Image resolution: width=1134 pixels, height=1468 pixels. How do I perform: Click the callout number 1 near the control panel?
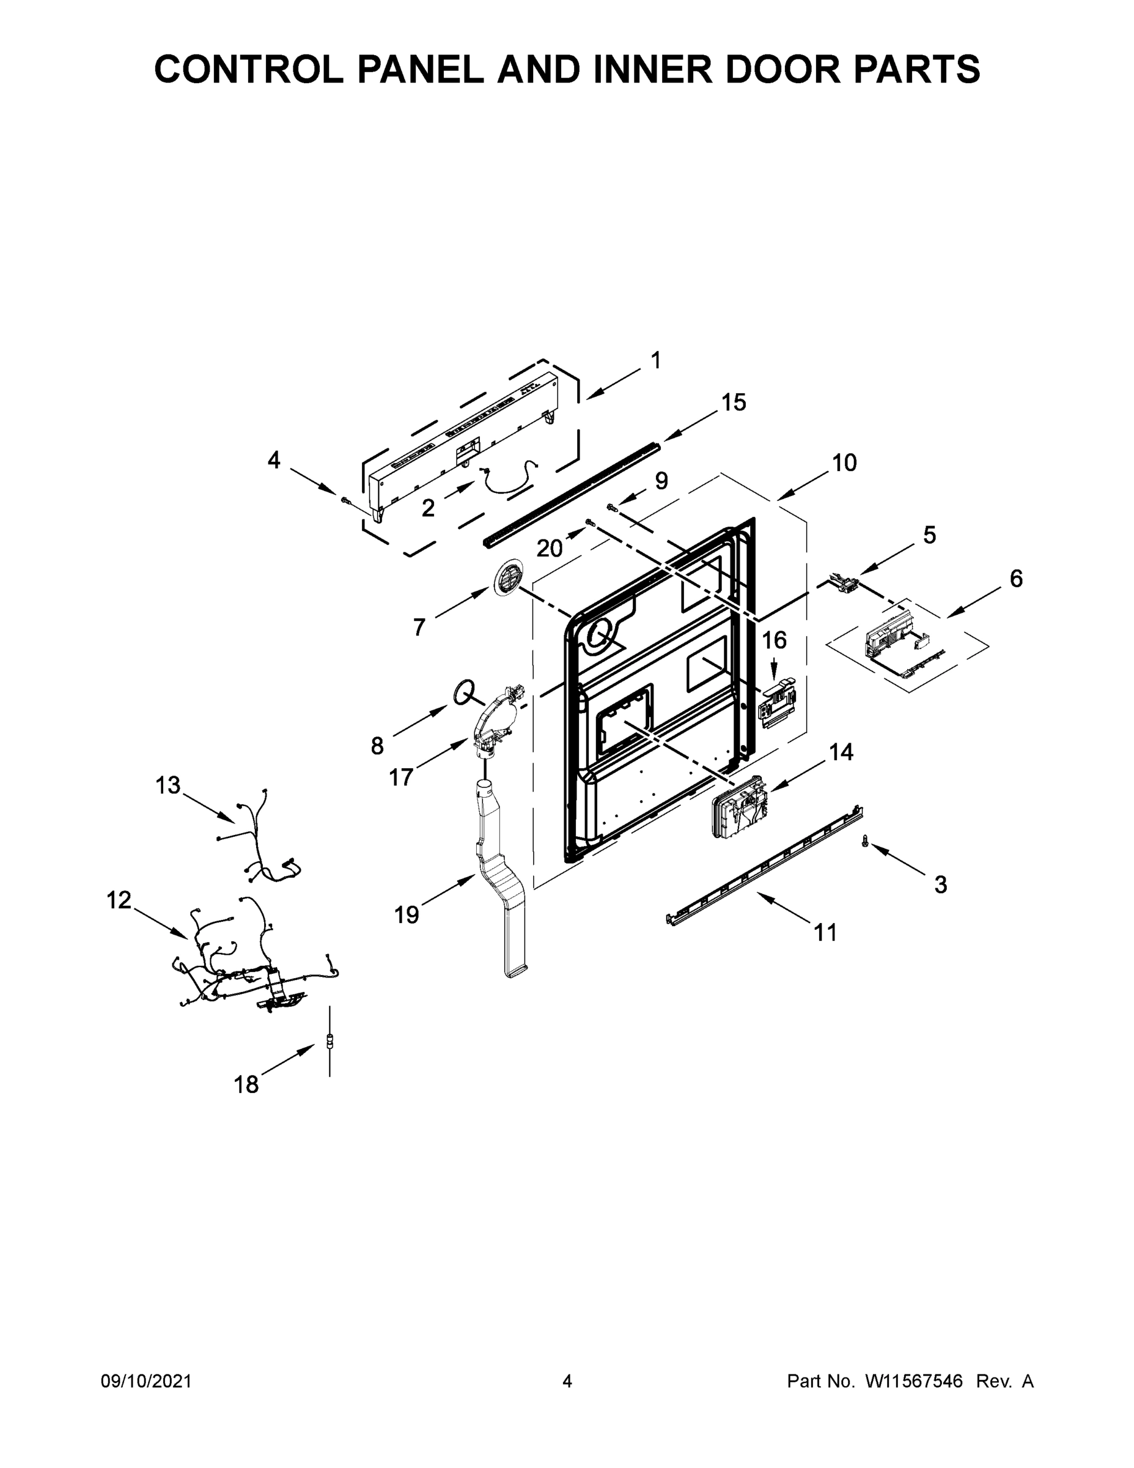(x=656, y=361)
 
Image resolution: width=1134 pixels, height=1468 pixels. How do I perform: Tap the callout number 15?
(x=733, y=402)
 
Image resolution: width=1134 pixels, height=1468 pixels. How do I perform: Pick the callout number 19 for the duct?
(x=407, y=914)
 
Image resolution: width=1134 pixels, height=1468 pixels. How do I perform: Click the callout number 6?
(x=1016, y=579)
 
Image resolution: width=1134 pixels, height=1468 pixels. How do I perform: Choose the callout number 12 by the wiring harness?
(x=119, y=900)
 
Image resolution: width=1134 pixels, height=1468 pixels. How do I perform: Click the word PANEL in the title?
(x=420, y=69)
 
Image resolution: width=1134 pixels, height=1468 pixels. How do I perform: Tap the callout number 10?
(x=844, y=462)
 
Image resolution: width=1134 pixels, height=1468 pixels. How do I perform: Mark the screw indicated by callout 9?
(x=612, y=506)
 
